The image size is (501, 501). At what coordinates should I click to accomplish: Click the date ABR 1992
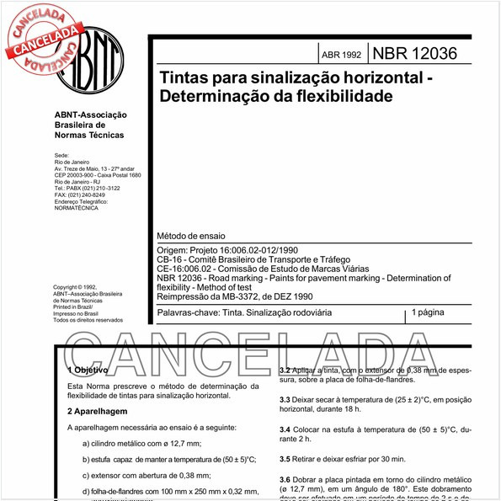[341, 56]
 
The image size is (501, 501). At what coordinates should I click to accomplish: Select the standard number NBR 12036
[415, 54]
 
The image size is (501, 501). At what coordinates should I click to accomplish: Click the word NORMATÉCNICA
[77, 208]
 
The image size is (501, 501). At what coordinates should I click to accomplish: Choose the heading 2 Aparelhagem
[97, 411]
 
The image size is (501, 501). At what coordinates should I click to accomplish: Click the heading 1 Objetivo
[88, 370]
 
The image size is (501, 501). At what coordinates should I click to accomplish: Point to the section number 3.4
[285, 429]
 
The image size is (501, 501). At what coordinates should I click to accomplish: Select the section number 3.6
[285, 479]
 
